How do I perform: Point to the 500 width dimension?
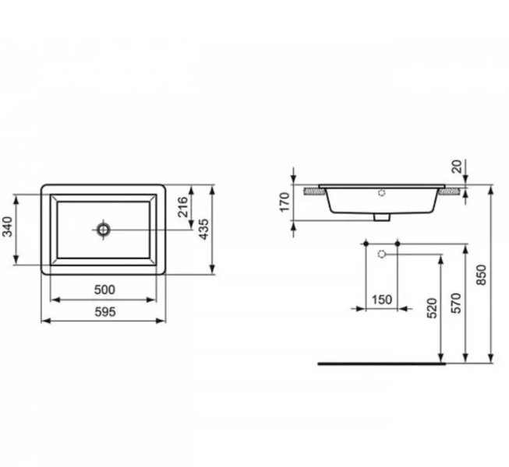(x=104, y=290)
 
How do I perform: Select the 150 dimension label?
(x=382, y=300)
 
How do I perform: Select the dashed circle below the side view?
(x=381, y=254)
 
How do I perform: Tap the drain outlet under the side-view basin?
(x=380, y=218)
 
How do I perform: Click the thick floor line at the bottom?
(x=382, y=363)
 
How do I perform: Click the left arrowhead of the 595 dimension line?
(x=44, y=320)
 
